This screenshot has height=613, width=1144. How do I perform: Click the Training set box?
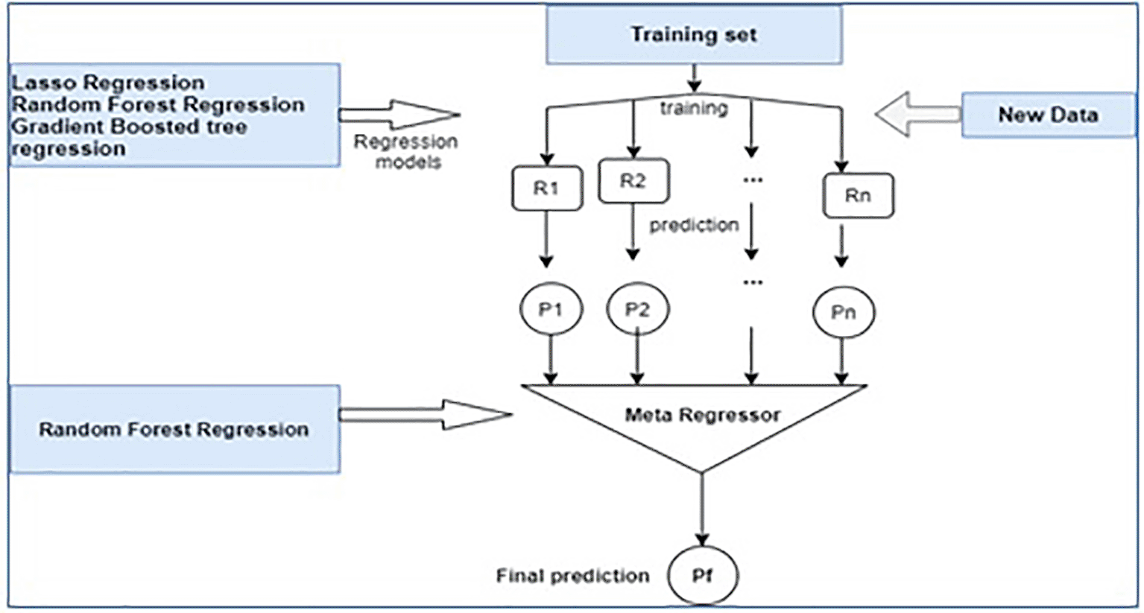click(x=694, y=35)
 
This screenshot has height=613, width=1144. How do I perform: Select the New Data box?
click(x=1047, y=115)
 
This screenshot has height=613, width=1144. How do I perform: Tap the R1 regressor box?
click(x=546, y=188)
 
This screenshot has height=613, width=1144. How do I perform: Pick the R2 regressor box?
click(x=633, y=181)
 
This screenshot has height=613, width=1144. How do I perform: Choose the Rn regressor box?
click(x=857, y=196)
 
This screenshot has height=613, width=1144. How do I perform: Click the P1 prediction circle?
click(x=550, y=309)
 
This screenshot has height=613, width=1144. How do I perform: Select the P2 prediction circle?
click(x=637, y=309)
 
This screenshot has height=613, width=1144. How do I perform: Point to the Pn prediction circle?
click(x=843, y=312)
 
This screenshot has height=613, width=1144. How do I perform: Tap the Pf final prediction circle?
click(x=702, y=575)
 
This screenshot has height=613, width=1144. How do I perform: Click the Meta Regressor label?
click(x=702, y=415)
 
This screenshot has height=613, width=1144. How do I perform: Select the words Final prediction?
click(x=572, y=576)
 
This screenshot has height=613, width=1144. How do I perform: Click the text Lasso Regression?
click(x=108, y=82)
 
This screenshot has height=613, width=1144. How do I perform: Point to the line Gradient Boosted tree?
click(x=129, y=127)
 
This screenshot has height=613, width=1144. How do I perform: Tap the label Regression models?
click(x=406, y=151)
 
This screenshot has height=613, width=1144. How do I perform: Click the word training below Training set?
click(x=693, y=109)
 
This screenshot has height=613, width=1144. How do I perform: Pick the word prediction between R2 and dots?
click(x=694, y=225)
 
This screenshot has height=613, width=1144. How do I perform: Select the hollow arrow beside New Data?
click(x=917, y=115)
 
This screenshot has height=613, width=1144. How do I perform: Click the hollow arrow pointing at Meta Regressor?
click(x=425, y=415)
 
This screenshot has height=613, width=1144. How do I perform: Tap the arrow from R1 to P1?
click(x=546, y=238)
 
